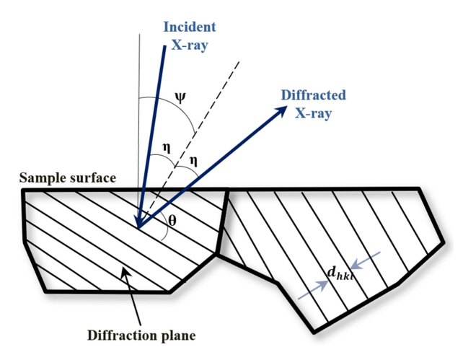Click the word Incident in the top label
pyautogui.click(x=190, y=27)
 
